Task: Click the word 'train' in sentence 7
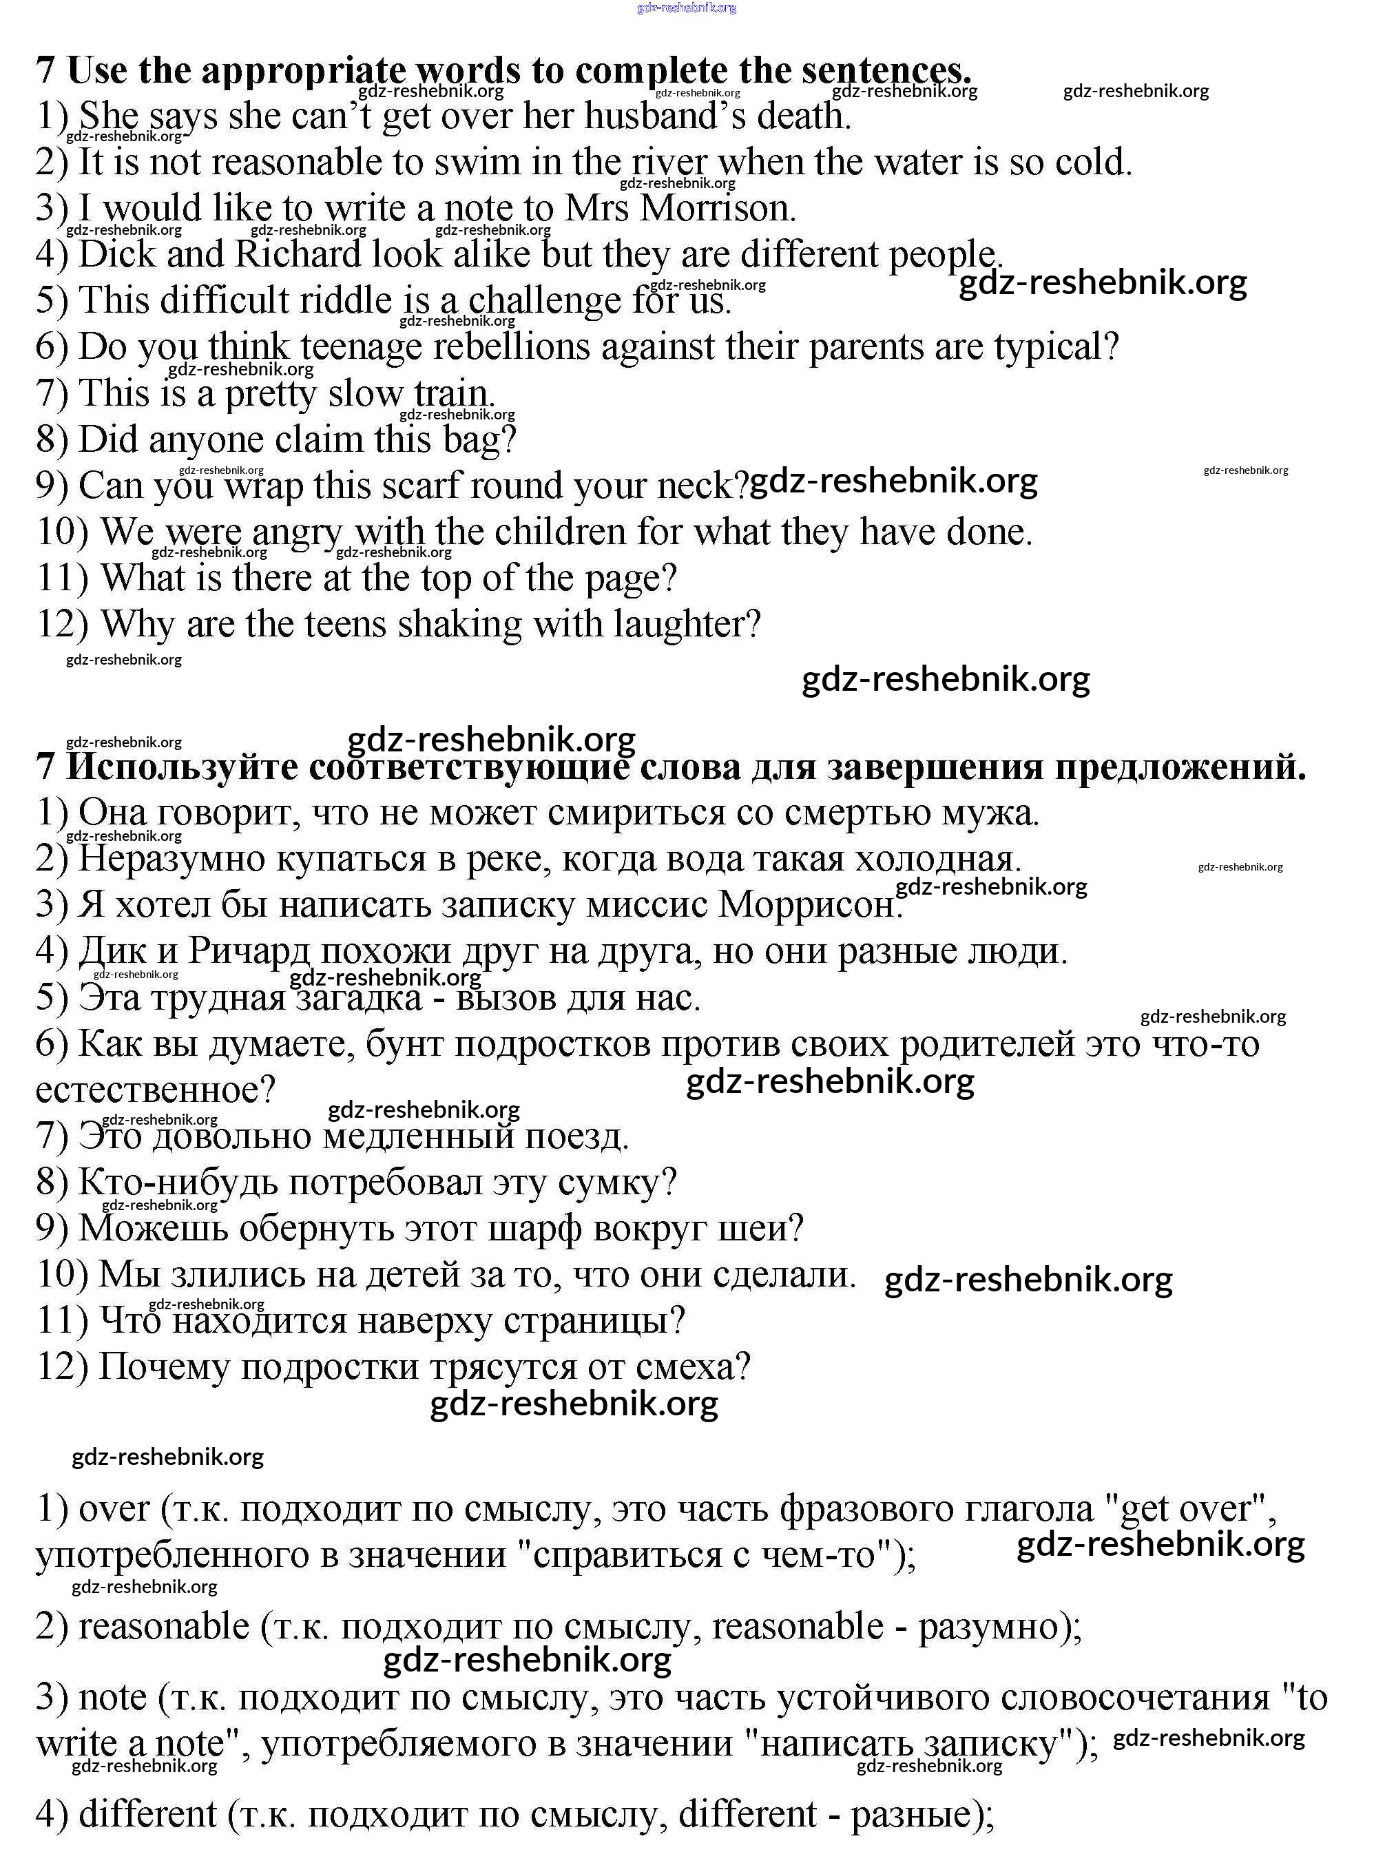453,393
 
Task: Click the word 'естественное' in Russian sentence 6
155,1090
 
